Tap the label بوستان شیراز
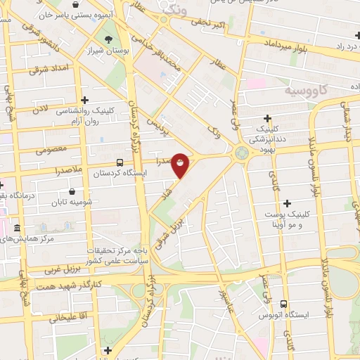[x=109, y=51]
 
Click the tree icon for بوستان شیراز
[x=108, y=39]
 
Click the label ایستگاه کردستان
[x=115, y=172]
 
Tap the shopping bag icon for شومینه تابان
[x=72, y=191]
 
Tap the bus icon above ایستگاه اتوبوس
[x=283, y=304]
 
